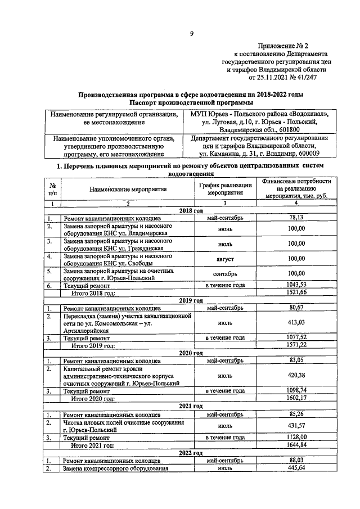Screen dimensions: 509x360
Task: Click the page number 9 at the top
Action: tap(191, 34)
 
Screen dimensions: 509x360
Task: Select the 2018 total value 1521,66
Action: tap(296, 293)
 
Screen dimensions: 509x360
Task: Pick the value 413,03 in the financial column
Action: tap(296, 323)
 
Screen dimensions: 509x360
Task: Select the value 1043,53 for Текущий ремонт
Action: tap(296, 285)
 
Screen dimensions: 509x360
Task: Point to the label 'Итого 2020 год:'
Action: tap(92, 398)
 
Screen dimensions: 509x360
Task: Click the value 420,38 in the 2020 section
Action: tap(296, 375)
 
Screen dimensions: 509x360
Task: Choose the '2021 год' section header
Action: tap(191, 405)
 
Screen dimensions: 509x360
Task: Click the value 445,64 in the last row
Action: tap(296, 467)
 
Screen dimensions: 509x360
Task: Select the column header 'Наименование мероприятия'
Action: tap(128, 190)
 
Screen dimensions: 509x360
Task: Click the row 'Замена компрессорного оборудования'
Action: tap(116, 468)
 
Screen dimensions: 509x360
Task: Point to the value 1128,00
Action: tap(296, 436)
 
